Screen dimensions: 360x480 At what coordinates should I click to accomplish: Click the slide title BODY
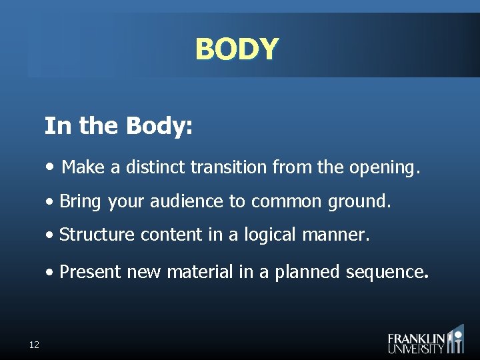point(237,49)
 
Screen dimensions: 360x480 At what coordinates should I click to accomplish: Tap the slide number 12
point(34,345)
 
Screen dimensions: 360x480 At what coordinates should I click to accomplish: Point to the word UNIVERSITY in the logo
point(416,348)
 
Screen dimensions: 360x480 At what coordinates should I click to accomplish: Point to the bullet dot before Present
point(51,272)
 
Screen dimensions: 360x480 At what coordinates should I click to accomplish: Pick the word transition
point(229,167)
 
